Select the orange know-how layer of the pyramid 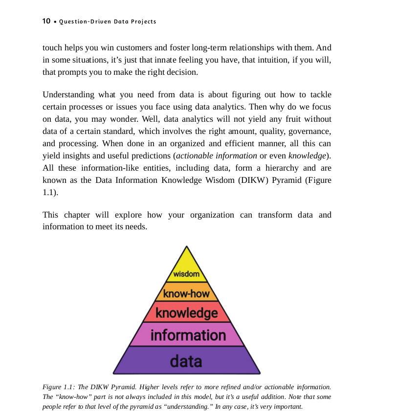186,293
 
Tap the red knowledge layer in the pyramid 186,312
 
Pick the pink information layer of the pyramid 188,335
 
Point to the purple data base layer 186,361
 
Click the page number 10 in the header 46,21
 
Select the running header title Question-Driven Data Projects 108,22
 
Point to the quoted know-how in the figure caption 77,397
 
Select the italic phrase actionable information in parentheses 217,156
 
